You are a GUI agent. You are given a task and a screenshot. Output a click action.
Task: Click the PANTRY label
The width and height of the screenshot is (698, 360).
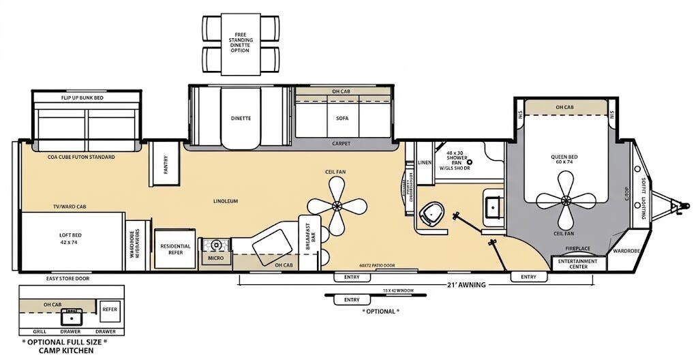165,164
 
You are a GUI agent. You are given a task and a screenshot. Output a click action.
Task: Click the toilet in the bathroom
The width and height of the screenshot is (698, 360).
431,214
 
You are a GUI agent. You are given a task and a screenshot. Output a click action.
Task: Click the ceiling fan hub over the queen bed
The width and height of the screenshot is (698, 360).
565,199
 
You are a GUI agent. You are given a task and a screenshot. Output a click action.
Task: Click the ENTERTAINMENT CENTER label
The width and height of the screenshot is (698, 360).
578,264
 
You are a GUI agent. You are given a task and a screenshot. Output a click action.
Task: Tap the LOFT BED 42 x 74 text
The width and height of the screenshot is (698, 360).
70,238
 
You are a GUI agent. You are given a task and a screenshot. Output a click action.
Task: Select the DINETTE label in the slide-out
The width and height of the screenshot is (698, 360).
240,118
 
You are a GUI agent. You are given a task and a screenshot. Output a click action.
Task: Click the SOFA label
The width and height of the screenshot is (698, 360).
342,118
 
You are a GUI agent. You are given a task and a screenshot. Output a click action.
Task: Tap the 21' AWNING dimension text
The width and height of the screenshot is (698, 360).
466,285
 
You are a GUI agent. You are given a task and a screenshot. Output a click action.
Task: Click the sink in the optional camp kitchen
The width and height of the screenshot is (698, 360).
70,316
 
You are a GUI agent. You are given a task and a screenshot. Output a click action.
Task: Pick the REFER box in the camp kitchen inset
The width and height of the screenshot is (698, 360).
110,309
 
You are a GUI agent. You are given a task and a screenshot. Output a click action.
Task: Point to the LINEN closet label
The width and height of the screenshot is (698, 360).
425,162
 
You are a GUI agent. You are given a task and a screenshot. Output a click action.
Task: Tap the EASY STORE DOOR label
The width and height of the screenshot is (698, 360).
67,278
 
